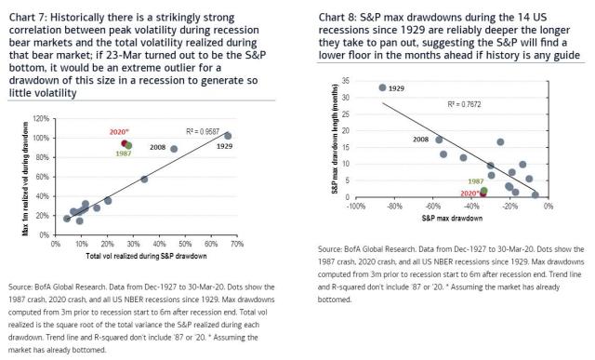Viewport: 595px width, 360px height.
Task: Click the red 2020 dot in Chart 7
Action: [x=124, y=143]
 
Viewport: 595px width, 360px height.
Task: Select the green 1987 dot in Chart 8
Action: [x=483, y=191]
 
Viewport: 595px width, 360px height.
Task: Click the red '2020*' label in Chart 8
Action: [x=469, y=193]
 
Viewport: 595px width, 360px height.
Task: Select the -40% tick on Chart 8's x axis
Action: [x=471, y=206]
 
